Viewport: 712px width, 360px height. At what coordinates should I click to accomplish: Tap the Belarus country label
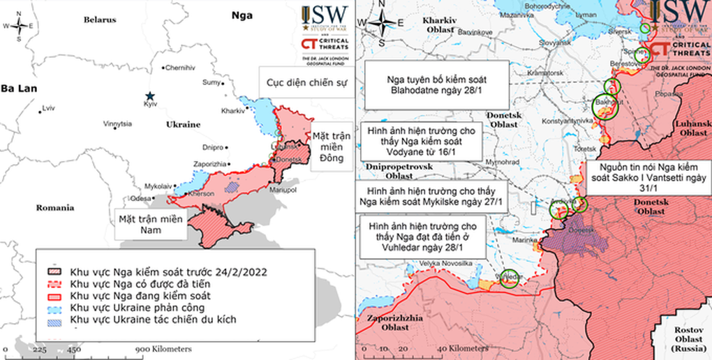tap(100, 20)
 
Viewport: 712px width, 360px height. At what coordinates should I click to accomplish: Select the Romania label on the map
tap(57, 208)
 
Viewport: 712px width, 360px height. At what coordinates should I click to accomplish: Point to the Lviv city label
tap(48, 108)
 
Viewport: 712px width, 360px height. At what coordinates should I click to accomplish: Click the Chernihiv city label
tap(180, 67)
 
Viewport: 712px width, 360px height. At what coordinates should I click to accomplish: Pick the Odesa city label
tap(140, 198)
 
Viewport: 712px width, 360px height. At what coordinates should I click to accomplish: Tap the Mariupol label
tap(283, 190)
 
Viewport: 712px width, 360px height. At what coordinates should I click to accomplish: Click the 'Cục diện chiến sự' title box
tap(304, 82)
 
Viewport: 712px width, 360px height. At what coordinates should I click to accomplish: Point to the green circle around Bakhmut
tap(605, 107)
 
